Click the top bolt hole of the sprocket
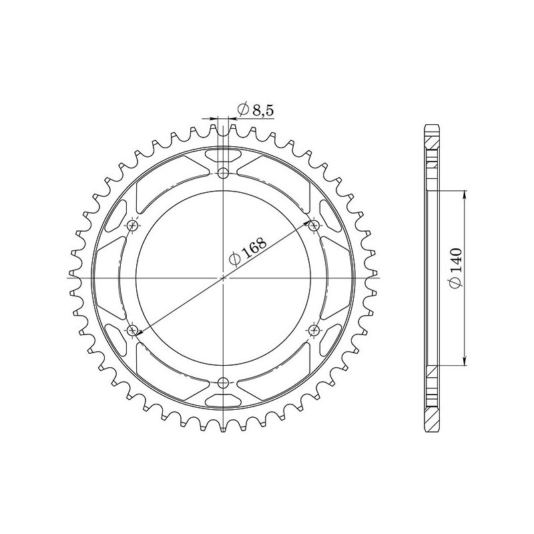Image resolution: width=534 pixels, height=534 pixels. coord(224,173)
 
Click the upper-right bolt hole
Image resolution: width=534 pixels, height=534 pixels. coord(314,225)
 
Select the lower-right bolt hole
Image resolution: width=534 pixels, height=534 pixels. coord(314,330)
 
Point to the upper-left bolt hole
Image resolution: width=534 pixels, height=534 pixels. coord(133,225)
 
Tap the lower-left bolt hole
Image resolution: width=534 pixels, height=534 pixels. coord(133,330)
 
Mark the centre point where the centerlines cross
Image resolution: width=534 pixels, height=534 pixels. coord(224,277)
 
